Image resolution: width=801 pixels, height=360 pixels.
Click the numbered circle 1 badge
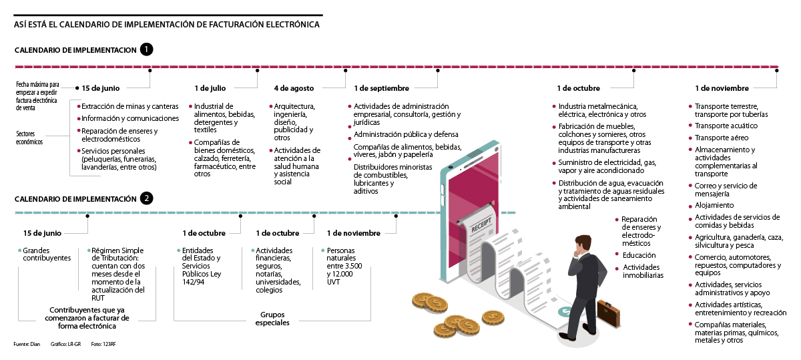pyautogui.click(x=147, y=49)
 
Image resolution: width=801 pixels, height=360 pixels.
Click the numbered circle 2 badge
pyautogui.click(x=147, y=198)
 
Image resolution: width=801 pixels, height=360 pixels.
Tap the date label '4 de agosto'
pyautogui.click(x=294, y=88)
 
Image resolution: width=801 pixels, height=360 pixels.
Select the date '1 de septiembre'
pyautogui.click(x=381, y=88)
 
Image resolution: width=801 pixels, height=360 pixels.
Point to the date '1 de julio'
pyautogui.click(x=210, y=88)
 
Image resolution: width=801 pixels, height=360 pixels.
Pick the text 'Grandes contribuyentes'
pyautogui.click(x=47, y=254)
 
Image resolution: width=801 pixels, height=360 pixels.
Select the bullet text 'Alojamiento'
pyautogui.click(x=714, y=205)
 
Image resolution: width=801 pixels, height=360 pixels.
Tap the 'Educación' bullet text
pyautogui.click(x=639, y=255)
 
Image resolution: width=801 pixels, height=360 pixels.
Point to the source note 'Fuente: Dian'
pyautogui.click(x=27, y=345)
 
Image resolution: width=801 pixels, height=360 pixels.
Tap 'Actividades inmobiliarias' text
pyautogui.click(x=643, y=271)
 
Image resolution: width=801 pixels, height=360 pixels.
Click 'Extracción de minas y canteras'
pyautogui.click(x=130, y=106)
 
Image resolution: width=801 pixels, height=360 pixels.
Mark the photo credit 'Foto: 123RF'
pyautogui.click(x=103, y=345)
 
